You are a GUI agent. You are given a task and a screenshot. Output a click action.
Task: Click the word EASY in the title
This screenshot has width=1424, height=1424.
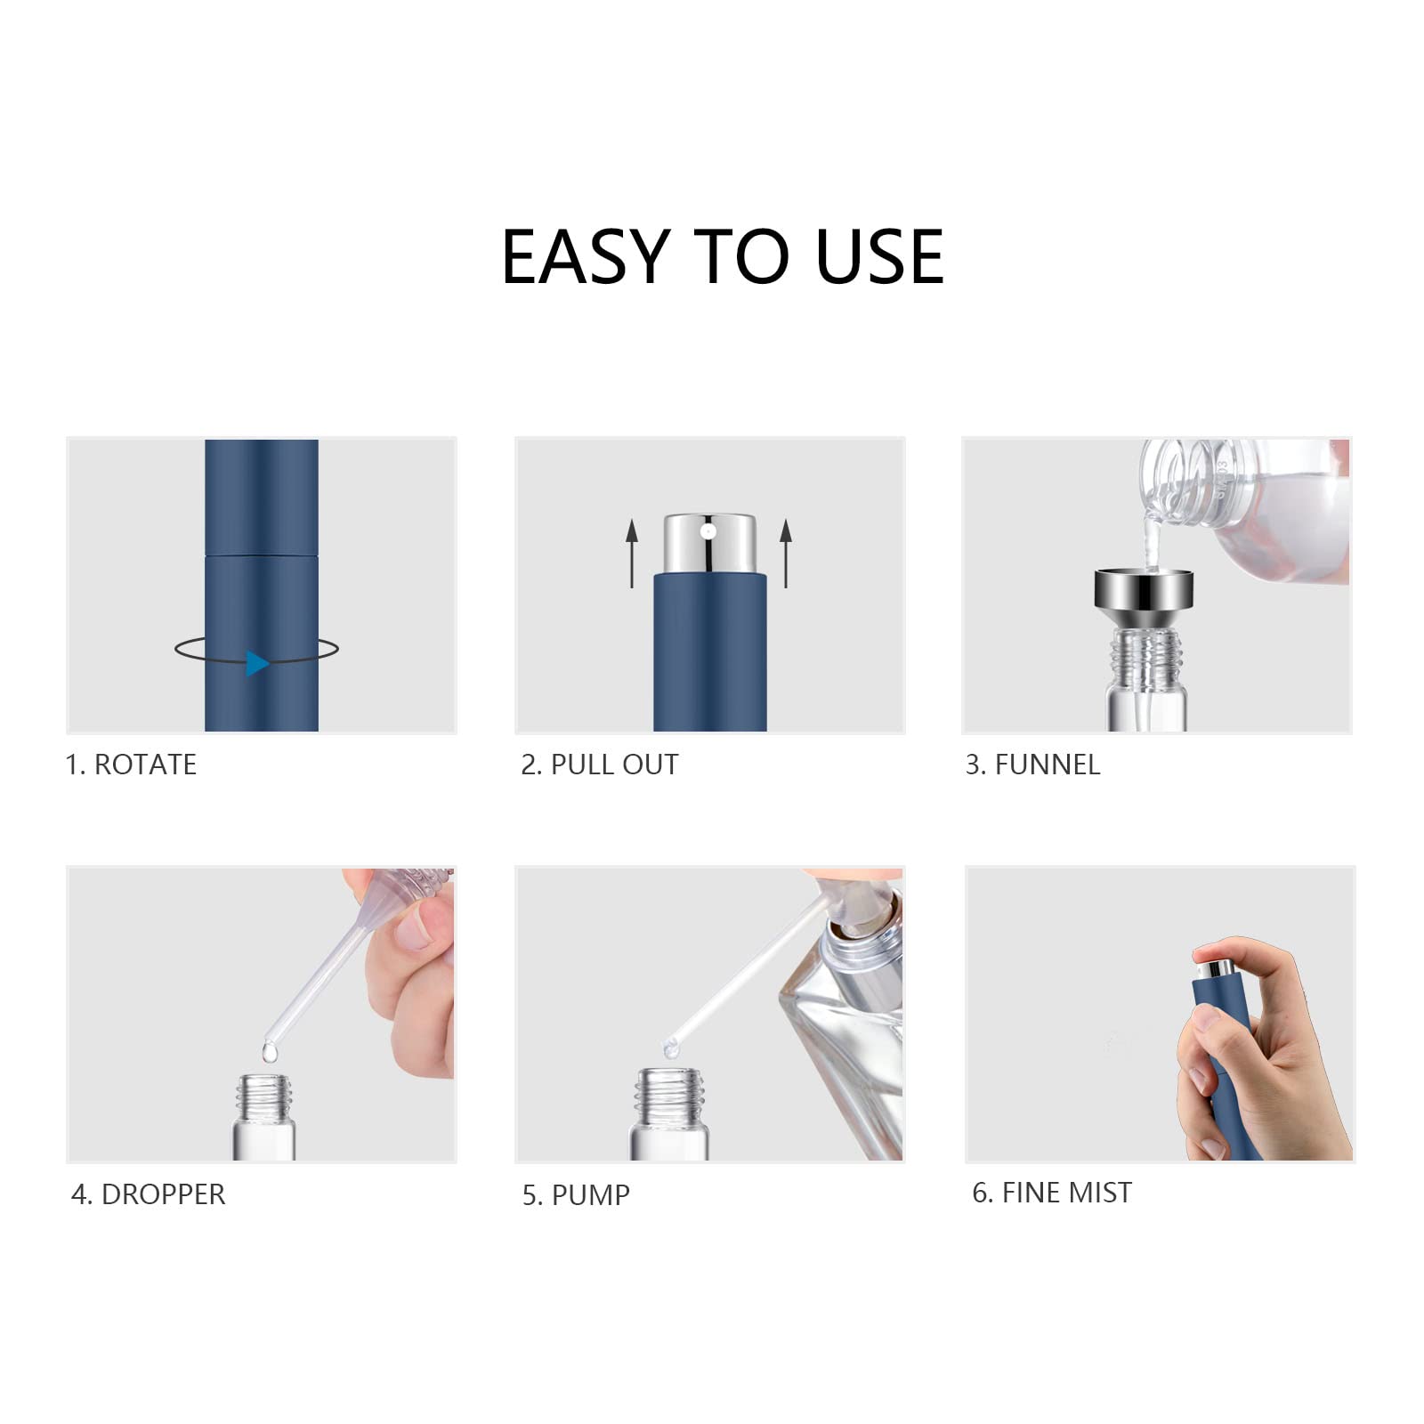586,257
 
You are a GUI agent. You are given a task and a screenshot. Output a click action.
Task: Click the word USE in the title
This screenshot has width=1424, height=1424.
879,257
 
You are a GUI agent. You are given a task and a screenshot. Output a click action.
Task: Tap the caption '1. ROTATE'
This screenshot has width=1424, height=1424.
131,765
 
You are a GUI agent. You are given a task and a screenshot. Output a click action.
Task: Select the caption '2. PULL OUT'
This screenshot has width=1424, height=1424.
599,765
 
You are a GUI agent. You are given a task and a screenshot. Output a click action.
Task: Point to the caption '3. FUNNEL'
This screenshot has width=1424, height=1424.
1032,765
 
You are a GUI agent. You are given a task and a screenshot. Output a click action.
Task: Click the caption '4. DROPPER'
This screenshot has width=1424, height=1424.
148,1194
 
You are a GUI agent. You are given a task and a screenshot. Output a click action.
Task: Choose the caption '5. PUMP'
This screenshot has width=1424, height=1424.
576,1195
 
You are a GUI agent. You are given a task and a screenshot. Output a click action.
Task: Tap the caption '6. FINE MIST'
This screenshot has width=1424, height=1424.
1052,1193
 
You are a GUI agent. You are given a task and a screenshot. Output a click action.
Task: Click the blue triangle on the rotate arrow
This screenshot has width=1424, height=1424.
257,663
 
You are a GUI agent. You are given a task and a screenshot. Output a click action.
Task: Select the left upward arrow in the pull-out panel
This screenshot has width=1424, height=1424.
632,553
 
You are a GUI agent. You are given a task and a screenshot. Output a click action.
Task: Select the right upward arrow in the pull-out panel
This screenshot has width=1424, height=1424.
785,553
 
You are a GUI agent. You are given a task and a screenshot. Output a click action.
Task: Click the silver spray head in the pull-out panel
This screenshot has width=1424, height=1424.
709,544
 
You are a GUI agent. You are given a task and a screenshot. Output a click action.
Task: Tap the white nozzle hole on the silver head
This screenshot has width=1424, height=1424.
708,532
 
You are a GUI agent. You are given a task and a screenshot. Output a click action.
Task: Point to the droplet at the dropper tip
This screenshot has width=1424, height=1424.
270,1052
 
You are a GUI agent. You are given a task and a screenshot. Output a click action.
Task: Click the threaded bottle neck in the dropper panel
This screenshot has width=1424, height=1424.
264,1094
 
